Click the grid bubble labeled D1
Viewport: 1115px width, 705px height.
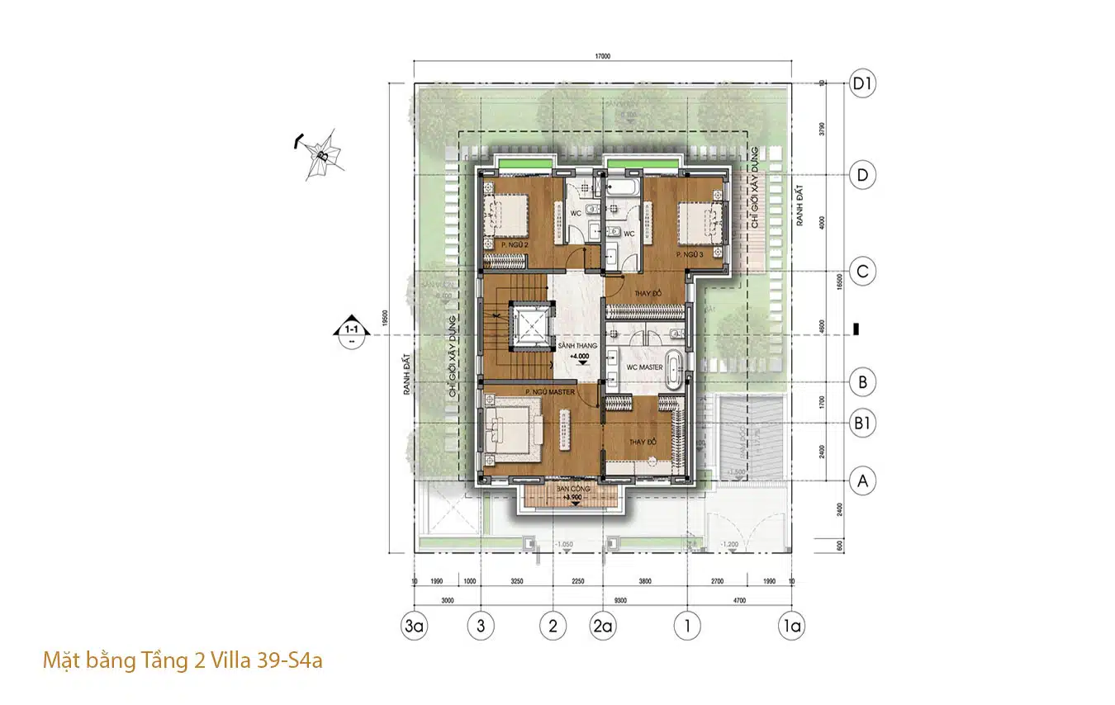click(x=863, y=83)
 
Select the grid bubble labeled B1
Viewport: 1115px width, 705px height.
click(x=863, y=423)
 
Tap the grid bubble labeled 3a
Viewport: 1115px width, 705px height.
click(x=414, y=626)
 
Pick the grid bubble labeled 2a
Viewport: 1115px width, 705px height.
click(x=603, y=626)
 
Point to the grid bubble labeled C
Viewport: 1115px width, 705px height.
click(x=863, y=272)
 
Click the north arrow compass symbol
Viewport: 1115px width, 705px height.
click(x=320, y=154)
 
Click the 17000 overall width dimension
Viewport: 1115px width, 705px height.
click(x=601, y=57)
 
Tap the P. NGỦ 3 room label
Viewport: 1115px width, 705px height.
click(x=689, y=255)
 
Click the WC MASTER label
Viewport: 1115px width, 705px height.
click(x=644, y=367)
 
